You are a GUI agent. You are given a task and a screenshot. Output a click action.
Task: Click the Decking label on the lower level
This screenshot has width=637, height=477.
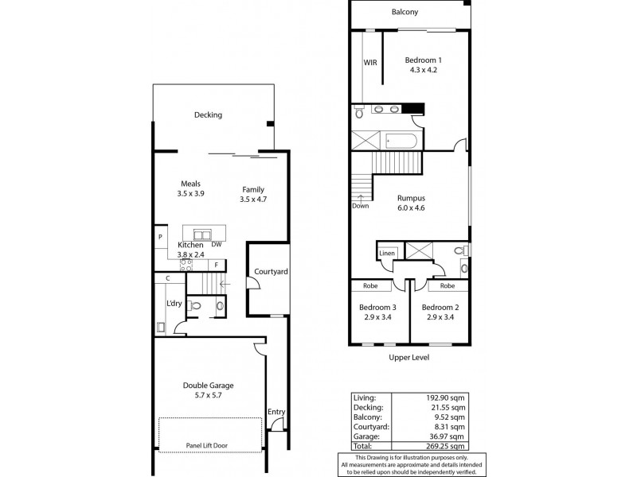tap(208, 115)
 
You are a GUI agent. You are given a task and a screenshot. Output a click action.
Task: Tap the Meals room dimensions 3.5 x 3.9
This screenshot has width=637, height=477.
tap(190, 193)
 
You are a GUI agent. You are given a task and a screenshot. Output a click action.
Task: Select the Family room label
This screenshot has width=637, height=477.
tap(253, 189)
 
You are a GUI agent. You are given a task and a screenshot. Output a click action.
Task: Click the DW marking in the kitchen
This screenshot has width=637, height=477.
tap(217, 245)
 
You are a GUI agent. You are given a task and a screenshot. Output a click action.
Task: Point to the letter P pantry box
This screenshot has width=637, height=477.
tap(160, 237)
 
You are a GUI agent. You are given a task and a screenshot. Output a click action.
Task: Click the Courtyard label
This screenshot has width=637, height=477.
tap(271, 272)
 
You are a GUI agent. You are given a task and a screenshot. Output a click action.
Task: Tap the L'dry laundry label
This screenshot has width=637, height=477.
tap(174, 304)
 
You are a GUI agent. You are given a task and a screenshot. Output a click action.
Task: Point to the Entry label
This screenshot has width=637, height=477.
tap(276, 412)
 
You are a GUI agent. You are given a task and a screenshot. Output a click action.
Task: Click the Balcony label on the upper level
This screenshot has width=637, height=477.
tap(404, 13)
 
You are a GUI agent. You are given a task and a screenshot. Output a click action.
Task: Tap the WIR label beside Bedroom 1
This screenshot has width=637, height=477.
tap(370, 62)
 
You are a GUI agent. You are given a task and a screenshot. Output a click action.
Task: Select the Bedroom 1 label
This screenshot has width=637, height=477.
tap(423, 60)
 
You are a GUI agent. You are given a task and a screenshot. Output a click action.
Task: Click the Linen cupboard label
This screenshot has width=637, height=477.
tap(387, 253)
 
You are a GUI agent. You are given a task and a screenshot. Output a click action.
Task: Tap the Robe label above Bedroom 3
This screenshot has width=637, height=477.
tap(370, 285)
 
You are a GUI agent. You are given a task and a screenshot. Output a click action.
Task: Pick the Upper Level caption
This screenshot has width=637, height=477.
tap(410, 359)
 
